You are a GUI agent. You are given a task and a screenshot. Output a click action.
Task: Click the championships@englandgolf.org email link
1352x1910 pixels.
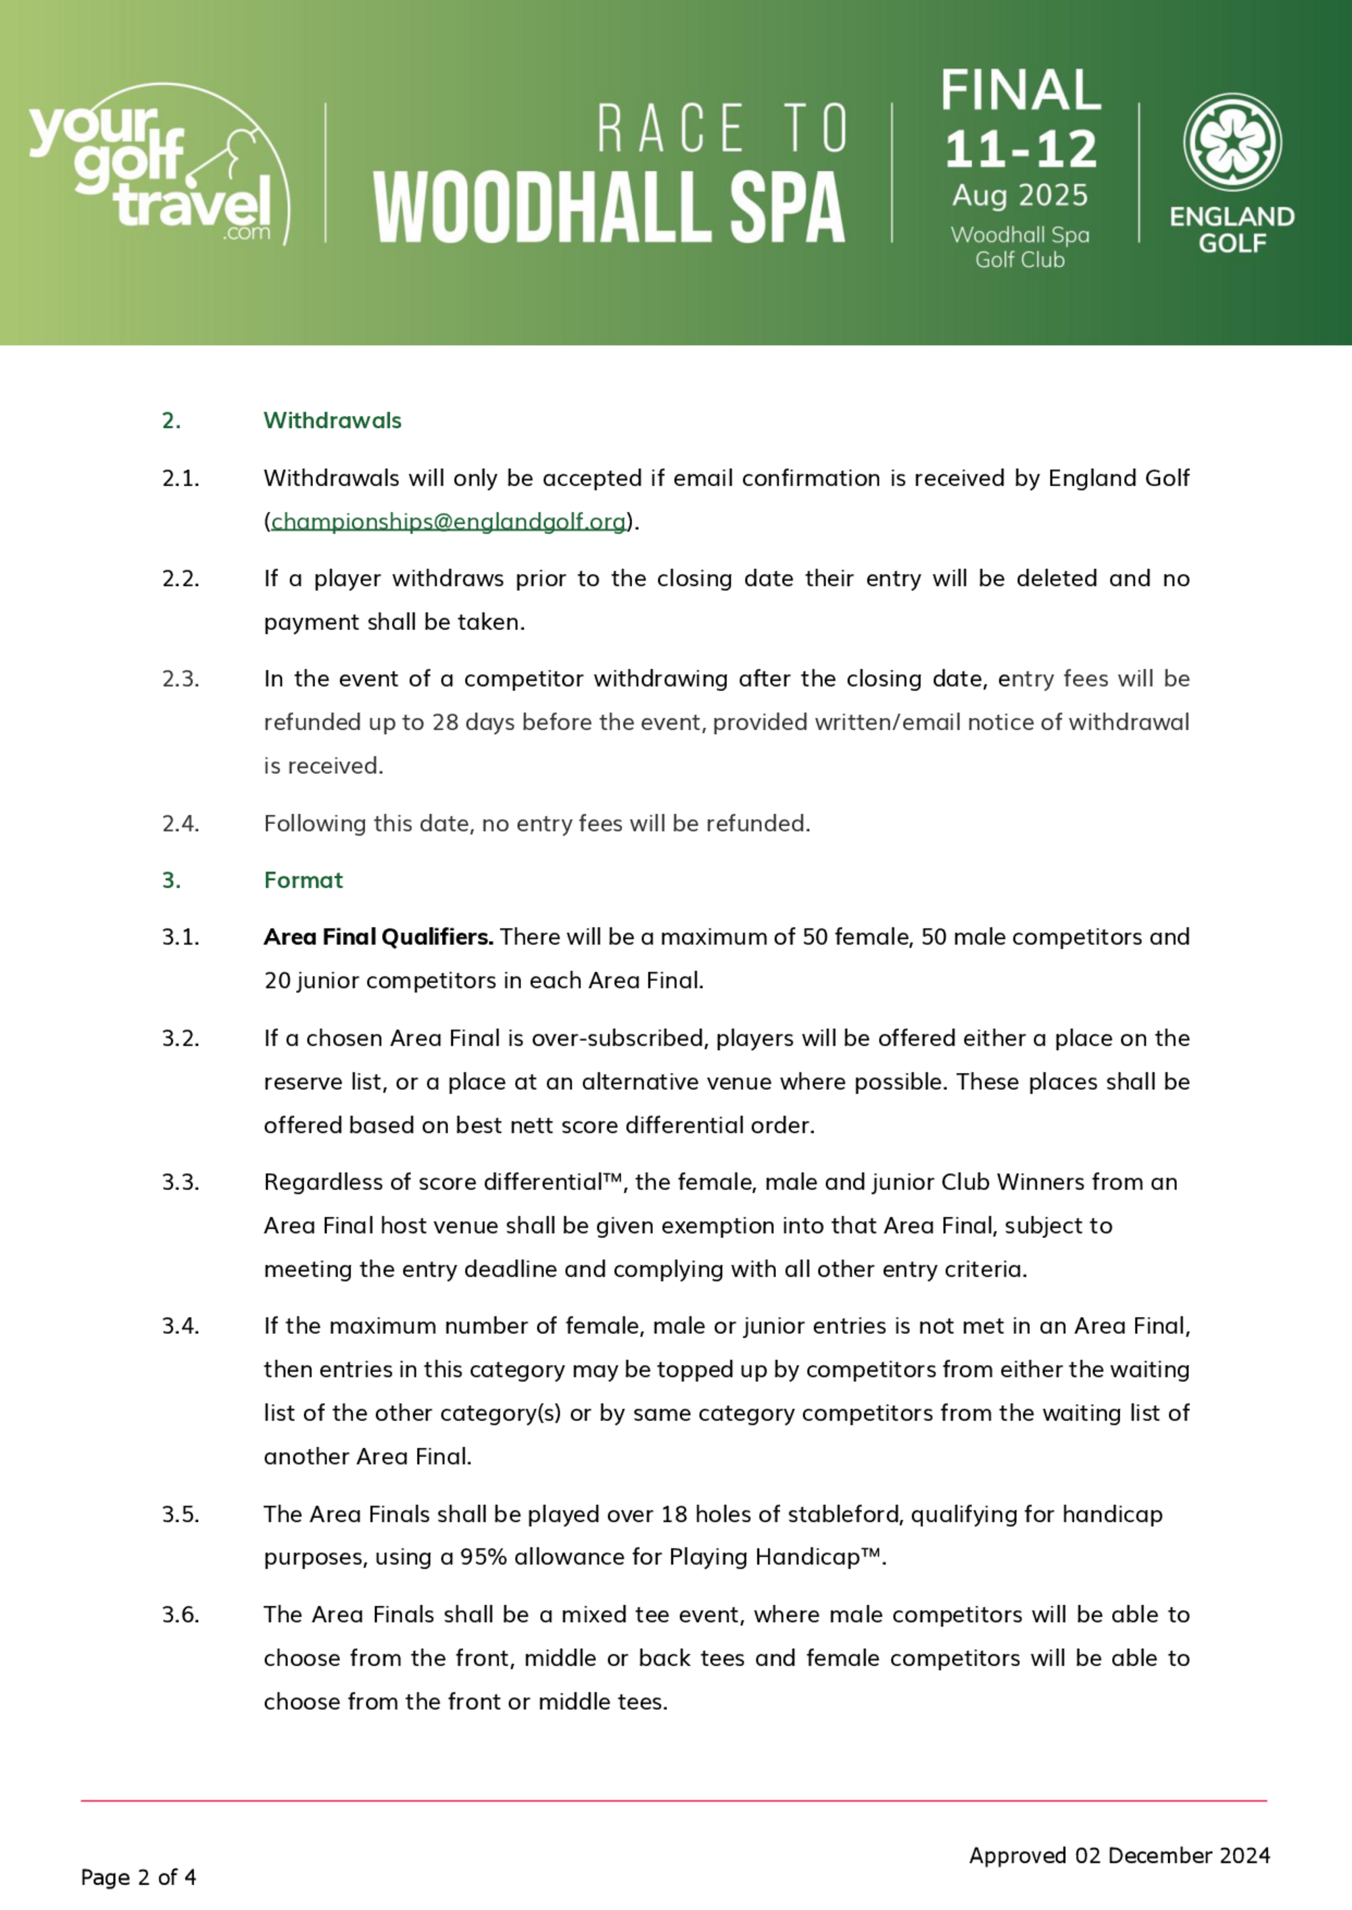pyautogui.click(x=448, y=522)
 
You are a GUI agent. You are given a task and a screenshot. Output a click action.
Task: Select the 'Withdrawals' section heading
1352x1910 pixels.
pyautogui.click(x=332, y=421)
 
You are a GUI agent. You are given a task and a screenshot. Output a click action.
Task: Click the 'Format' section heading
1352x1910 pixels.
pyautogui.click(x=303, y=880)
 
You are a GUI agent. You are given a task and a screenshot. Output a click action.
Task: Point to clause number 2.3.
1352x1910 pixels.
pyautogui.click(x=180, y=679)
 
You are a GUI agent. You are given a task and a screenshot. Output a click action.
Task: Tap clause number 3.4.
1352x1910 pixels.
pyautogui.click(x=180, y=1326)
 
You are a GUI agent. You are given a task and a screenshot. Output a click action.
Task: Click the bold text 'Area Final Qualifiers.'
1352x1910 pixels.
pyautogui.click(x=378, y=938)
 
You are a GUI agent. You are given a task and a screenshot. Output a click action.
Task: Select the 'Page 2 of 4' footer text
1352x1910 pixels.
pyautogui.click(x=138, y=1877)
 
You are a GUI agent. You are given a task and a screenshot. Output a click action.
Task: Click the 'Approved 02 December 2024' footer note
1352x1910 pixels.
pyautogui.click(x=1119, y=1855)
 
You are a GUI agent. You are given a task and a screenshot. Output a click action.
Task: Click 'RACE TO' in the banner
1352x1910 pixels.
pyautogui.click(x=722, y=129)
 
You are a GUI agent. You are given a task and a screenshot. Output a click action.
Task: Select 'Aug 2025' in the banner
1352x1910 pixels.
pyautogui.click(x=1020, y=195)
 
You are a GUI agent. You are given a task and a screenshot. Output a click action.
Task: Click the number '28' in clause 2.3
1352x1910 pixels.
pyautogui.click(x=445, y=723)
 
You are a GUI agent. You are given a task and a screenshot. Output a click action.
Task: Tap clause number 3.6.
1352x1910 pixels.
pyautogui.click(x=180, y=1615)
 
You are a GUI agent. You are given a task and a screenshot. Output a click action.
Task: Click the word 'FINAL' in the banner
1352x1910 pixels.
pyautogui.click(x=1021, y=91)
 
